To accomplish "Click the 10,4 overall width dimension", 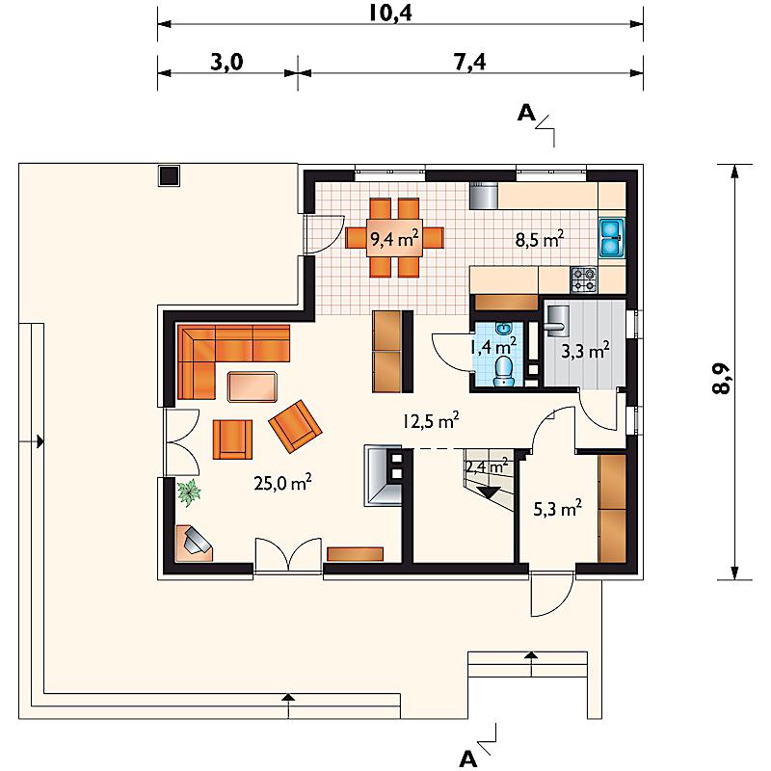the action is pos(390,13).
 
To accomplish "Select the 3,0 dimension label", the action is pos(226,63).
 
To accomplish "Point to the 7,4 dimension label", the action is pos(469,63).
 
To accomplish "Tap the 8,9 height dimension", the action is pos(721,379).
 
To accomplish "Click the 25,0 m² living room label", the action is pos(282,483).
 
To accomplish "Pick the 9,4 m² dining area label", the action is pos(394,238).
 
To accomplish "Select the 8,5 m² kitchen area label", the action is pos(540,239).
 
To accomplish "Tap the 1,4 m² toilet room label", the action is pos(492,347).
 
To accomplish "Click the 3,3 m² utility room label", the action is pos(585,351).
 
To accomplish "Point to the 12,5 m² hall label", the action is pos(431,421).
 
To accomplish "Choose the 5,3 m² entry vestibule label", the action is pos(558,509).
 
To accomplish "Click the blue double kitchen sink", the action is pos(611,238).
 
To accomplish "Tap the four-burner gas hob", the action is pos(584,279).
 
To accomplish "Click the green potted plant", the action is pos(189,492).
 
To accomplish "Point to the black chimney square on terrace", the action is pos(169,175).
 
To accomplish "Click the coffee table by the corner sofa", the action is pos(253,387).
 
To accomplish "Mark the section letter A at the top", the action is pos(525,114).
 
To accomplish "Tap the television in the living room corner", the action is pos(198,540).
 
